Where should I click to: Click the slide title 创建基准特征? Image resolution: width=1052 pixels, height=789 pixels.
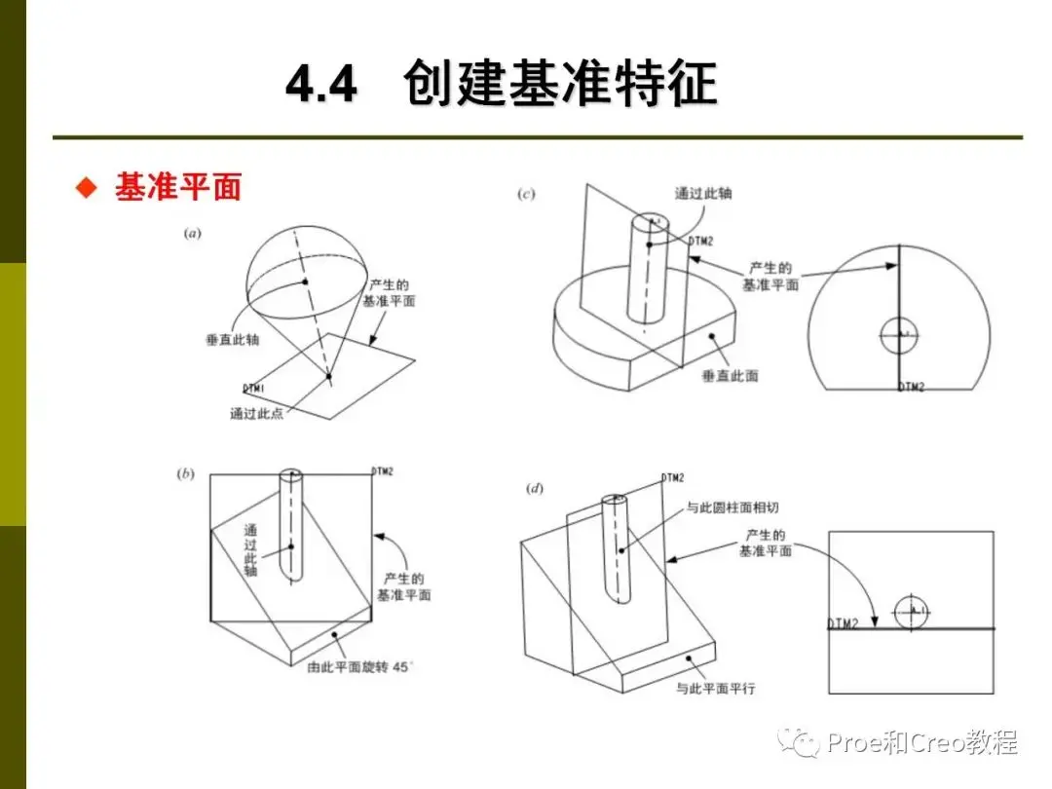(x=560, y=83)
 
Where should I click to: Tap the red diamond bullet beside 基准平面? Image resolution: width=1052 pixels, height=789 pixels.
(x=87, y=187)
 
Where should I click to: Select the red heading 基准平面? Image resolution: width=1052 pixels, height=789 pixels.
(x=178, y=186)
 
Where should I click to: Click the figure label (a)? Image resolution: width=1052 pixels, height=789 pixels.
(x=193, y=234)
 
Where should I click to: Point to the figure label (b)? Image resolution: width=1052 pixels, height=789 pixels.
(x=186, y=473)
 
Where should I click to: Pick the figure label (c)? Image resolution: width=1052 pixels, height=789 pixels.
(x=526, y=194)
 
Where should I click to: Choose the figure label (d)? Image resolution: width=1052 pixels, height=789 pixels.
(x=535, y=488)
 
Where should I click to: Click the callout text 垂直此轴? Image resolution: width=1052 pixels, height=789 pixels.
(x=232, y=340)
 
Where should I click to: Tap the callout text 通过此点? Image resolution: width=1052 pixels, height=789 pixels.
(x=256, y=413)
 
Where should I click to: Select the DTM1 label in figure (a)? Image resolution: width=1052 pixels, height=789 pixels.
(x=253, y=389)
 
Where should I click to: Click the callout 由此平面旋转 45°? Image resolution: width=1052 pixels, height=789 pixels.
(x=359, y=667)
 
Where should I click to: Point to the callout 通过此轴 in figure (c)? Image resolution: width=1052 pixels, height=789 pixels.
(x=703, y=193)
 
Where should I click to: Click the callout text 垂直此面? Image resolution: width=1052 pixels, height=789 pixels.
(x=730, y=376)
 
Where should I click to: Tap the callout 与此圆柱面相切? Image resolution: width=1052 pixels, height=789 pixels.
(x=732, y=507)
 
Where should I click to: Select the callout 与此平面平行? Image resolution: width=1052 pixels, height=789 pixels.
(x=715, y=689)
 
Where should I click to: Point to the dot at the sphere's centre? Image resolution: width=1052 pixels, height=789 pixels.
(x=305, y=282)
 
